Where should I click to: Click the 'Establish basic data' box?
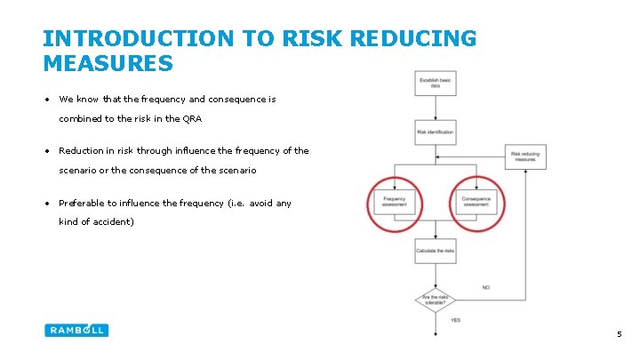[x=435, y=83]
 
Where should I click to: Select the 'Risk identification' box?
[x=435, y=132]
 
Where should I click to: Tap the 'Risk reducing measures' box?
[x=524, y=157]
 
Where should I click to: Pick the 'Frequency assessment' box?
[x=394, y=202]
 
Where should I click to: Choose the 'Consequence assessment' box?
[x=476, y=202]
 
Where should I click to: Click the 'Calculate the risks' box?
[x=435, y=252]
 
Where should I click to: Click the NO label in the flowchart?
[x=486, y=287]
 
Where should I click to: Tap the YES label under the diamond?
[x=455, y=319]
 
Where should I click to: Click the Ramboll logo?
[x=76, y=330]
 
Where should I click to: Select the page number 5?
[x=619, y=334]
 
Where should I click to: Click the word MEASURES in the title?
[x=108, y=63]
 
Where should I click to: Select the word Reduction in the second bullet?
[x=82, y=151]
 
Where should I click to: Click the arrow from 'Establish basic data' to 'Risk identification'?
[x=435, y=108]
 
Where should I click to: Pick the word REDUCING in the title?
[x=414, y=38]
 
